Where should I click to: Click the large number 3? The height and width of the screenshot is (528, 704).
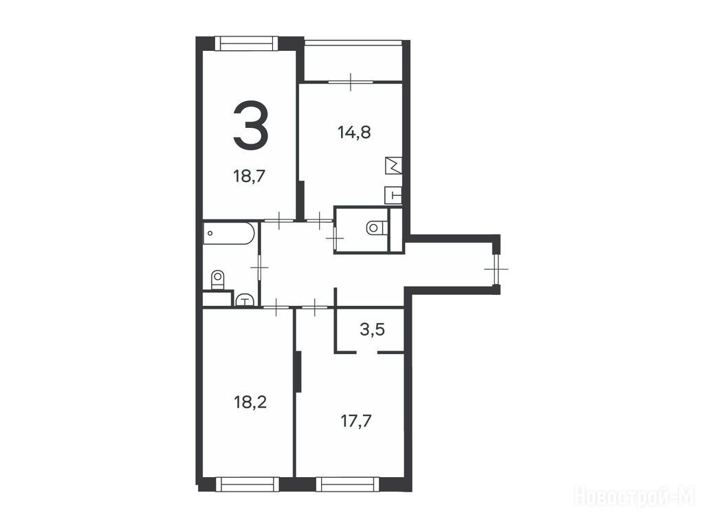point(250,124)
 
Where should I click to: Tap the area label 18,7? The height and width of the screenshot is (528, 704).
point(250,176)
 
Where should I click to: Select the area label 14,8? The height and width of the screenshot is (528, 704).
point(354,133)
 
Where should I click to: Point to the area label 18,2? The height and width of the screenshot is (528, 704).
point(250,401)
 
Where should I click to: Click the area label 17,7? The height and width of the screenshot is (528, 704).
point(356,421)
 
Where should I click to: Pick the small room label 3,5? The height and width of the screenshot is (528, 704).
point(372,330)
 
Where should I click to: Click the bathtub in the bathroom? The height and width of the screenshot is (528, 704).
point(229,233)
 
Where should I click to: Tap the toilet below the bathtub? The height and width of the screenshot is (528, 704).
point(217,280)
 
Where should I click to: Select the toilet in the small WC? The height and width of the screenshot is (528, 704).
point(376,228)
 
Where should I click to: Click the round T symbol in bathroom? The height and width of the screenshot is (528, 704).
point(244,300)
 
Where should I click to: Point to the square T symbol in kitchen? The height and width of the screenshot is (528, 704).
point(393,195)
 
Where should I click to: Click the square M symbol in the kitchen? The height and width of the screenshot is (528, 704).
point(393,166)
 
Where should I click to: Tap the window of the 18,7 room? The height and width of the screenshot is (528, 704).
point(247,43)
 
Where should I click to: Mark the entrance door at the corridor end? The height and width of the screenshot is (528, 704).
point(496,269)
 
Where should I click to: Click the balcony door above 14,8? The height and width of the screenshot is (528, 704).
point(350,82)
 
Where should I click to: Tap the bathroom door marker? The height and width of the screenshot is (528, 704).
point(259,267)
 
